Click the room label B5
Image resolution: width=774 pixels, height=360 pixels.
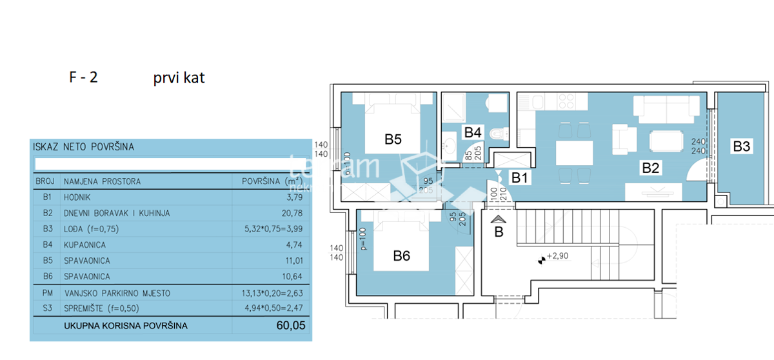393,139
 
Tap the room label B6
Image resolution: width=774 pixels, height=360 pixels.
402,256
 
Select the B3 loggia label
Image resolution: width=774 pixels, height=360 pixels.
741,146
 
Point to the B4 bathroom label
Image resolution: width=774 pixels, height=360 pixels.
473,132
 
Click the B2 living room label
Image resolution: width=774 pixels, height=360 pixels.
650,169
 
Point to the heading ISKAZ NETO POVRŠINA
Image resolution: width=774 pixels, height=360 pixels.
83,147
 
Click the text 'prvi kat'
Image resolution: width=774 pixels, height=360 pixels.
179,79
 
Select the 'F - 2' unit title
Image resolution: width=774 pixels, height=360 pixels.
83,78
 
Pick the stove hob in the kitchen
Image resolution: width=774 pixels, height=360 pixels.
566,101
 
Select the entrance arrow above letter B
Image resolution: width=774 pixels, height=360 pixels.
498,220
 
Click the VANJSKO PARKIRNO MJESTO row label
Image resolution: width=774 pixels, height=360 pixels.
117,293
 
